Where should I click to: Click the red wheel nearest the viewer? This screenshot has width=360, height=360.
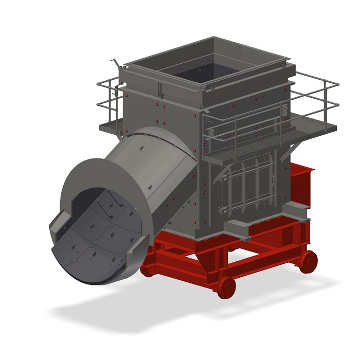coord(226,286)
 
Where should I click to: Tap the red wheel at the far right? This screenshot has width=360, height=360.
coord(309,261)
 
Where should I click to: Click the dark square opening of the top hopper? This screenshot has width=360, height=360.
coord(206,70)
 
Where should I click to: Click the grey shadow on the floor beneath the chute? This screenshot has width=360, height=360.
coord(103,309)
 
